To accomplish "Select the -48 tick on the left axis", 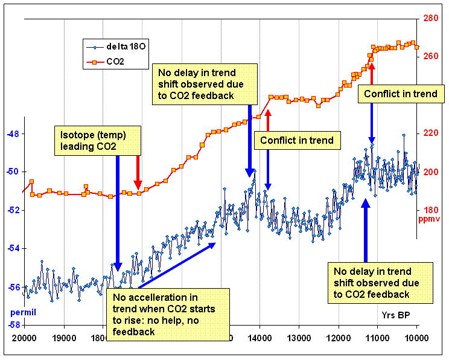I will click(x=12, y=133).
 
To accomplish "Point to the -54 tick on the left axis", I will click(x=12, y=248).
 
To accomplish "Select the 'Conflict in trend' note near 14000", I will click(x=296, y=141).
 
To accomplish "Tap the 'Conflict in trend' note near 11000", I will click(x=401, y=94).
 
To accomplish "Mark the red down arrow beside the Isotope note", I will click(x=138, y=173).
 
